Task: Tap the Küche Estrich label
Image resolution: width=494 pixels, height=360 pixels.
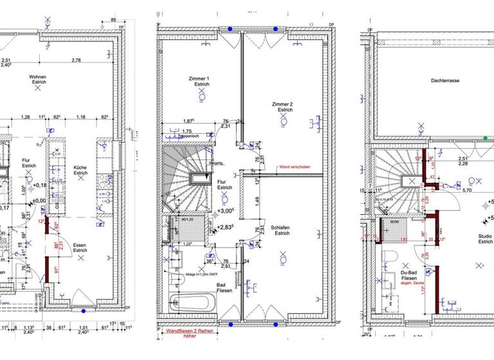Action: pos(80,169)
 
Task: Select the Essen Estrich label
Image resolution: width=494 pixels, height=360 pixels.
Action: pos(80,248)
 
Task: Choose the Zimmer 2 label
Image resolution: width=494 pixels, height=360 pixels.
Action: pos(282,107)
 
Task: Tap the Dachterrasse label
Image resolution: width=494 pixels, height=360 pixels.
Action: pos(431,82)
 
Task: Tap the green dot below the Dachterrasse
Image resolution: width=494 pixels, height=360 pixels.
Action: pos(486,138)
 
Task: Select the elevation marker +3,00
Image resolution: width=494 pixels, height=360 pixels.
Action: pos(225,211)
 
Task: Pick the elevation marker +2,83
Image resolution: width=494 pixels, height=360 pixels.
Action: pos(224,227)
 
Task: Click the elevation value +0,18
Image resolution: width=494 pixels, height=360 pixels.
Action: pos(40,185)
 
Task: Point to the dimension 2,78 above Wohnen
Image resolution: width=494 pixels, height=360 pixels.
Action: pos(77,60)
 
